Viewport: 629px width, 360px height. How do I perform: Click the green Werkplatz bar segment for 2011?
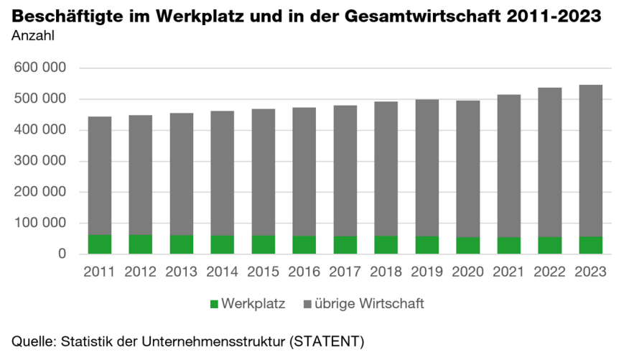tap(99, 244)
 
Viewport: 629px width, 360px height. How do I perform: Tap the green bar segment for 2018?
tap(386, 245)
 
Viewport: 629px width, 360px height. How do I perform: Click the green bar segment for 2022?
tap(549, 246)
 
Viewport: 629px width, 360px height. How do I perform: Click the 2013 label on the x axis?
tap(181, 272)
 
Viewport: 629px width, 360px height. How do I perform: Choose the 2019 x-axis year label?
tap(427, 272)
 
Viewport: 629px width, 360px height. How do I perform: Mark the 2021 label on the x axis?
tap(508, 272)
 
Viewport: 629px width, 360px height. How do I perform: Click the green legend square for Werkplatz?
tap(213, 304)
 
